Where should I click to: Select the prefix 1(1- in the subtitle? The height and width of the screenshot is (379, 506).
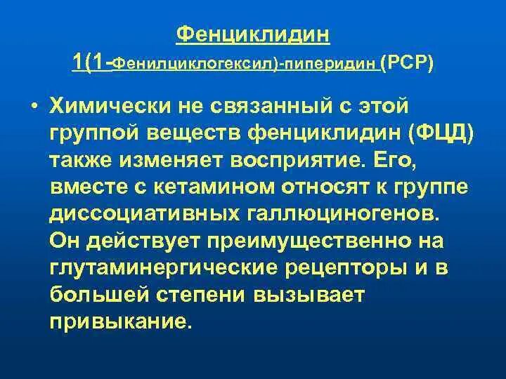tap(92, 64)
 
